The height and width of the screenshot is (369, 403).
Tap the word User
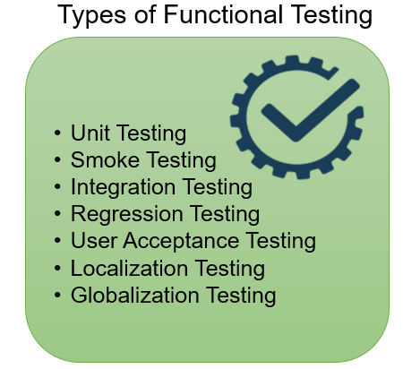pos(91,242)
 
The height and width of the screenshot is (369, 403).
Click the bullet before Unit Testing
pos(57,134)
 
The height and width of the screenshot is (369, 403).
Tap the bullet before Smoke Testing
pos(57,161)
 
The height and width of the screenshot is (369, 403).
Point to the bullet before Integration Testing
pos(57,188)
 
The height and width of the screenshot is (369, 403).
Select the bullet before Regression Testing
pos(57,215)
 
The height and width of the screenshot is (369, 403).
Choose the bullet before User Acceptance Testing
pos(57,242)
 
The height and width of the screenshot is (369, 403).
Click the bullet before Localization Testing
pos(57,269)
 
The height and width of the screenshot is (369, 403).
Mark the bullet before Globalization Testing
pos(57,296)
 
